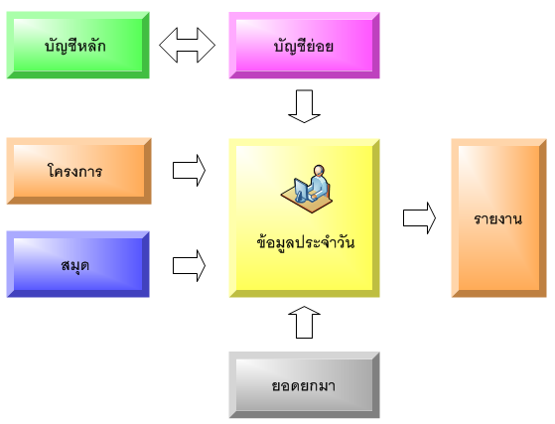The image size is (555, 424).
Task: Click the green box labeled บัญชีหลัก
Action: point(77,45)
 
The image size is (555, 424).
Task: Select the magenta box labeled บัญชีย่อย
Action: point(305,45)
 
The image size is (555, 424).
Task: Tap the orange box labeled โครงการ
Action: point(79,171)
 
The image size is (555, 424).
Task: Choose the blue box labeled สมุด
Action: point(77,264)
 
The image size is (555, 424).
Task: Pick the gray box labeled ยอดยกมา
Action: point(305,385)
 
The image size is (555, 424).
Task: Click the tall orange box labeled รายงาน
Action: point(499,218)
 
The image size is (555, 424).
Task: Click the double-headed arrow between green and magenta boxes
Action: point(188,45)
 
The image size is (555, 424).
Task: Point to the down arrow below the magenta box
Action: point(304,106)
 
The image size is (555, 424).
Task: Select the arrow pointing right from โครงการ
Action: point(189,170)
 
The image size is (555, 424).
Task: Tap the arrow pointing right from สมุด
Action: point(189,266)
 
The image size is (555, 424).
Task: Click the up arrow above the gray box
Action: point(304,323)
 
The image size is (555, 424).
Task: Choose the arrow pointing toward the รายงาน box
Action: point(419,218)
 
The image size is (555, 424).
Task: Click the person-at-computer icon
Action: point(307,189)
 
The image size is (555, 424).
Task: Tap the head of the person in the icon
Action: point(319,170)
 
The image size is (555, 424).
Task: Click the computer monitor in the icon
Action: point(301,190)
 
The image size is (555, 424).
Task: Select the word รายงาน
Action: point(498,219)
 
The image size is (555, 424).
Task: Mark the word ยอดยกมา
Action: point(304,385)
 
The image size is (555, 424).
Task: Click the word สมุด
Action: point(75,265)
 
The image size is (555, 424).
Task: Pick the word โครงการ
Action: point(74,171)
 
